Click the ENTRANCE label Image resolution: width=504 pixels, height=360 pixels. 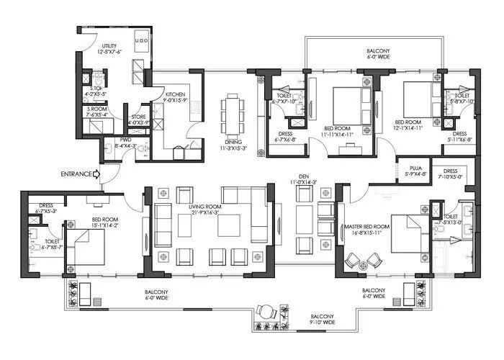click(77, 174)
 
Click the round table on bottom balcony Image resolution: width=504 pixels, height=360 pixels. click(266, 312)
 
